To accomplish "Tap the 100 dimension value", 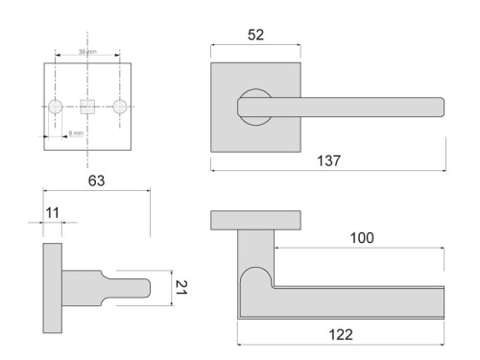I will coord(362,237).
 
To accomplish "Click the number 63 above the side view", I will coord(96,180).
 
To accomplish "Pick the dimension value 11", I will coord(52,210).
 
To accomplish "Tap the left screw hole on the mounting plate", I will coord(56,105).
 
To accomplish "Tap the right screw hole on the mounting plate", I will coord(120,105).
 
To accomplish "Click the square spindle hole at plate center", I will coord(87,105).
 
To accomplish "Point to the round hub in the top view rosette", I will coord(254,106).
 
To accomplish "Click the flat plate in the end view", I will coord(52,287).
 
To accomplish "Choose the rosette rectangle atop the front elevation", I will coord(255,221).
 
